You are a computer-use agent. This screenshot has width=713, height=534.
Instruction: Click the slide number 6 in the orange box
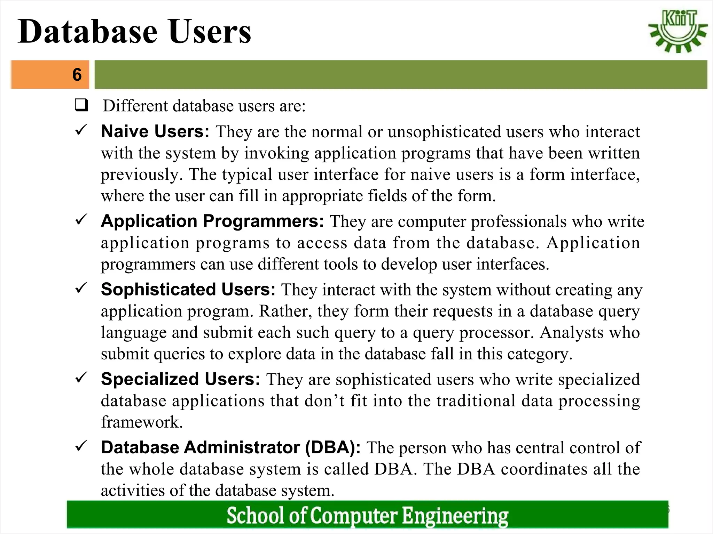tap(77, 74)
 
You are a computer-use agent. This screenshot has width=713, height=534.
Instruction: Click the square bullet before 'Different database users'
tap(81, 105)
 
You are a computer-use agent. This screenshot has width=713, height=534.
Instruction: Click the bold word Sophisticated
tap(158, 289)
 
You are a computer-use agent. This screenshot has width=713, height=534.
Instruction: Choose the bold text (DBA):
tap(333, 447)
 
